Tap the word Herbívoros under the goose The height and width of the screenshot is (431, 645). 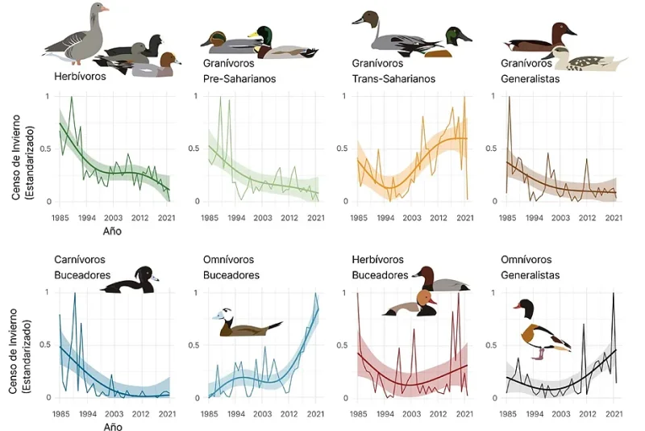point(80,76)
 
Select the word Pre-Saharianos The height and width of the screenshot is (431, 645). point(239,78)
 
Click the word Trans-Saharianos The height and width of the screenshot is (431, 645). point(393,78)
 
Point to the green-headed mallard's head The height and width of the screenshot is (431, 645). point(265,35)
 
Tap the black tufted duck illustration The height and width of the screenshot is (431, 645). point(130,281)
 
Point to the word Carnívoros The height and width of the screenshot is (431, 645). point(80,259)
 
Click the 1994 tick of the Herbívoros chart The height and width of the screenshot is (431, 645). point(87,218)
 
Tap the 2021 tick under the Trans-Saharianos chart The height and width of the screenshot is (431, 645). point(465,218)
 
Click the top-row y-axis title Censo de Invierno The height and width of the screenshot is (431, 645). point(16,158)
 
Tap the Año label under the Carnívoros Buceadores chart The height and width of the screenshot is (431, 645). point(112,426)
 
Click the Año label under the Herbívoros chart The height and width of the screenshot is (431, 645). point(112,231)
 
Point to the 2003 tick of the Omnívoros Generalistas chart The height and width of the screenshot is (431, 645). point(560,414)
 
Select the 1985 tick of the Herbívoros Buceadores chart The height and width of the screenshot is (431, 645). point(359,414)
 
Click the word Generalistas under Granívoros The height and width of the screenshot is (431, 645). point(531,78)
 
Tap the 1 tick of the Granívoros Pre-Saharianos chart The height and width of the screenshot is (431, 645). point(196,96)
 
